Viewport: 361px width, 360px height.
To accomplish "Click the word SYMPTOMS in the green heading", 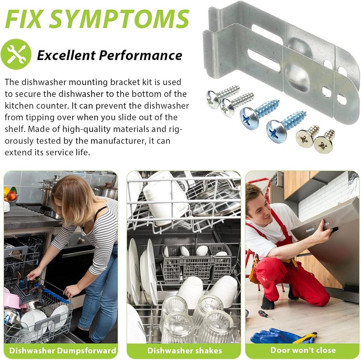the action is tap(119, 19).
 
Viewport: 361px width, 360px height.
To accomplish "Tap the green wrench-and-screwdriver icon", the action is tap(16, 54).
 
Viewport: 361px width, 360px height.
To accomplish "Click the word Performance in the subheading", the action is tap(140, 55).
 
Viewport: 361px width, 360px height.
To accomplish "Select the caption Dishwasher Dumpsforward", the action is tap(62, 351).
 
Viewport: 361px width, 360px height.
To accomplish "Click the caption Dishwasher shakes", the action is tap(185, 351).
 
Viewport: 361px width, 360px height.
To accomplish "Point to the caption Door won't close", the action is tap(303, 350).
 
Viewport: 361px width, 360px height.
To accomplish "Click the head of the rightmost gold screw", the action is tap(323, 145).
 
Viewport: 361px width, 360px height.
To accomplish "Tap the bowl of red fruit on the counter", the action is tap(10, 194).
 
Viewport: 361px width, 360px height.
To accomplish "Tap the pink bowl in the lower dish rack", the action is tap(12, 300).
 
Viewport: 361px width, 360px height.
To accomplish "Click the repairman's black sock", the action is tap(268, 303).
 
